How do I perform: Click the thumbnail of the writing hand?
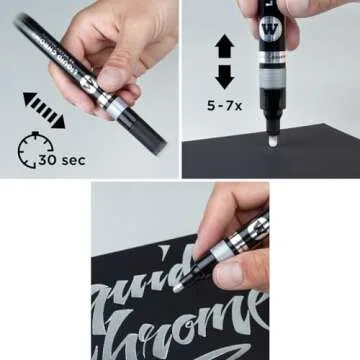(x=180, y=270)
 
